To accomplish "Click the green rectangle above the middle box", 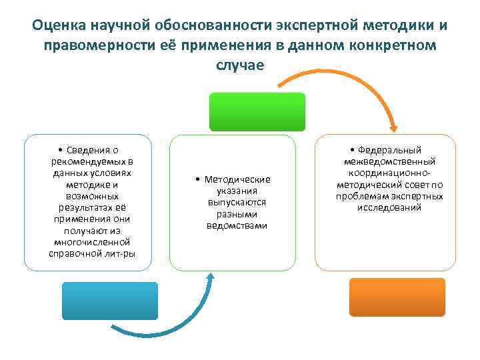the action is (x=257, y=111).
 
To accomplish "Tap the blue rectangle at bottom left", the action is (x=110, y=301).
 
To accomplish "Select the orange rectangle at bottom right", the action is (x=397, y=297).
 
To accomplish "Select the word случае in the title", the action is (x=240, y=65).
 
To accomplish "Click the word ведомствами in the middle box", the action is (x=237, y=225).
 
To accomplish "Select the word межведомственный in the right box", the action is (x=389, y=162).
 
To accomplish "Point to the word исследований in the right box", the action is (x=389, y=207).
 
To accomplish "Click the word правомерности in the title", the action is (x=92, y=45).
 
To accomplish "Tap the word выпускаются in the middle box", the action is (x=237, y=203).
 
